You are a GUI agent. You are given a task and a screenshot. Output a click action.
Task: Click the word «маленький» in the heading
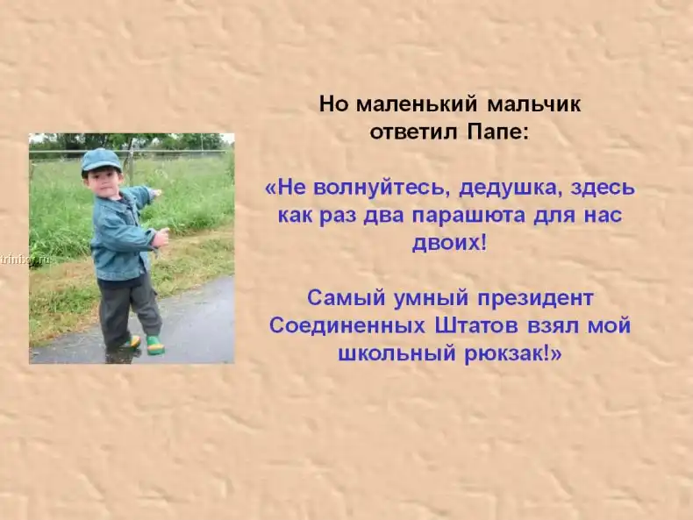point(417,104)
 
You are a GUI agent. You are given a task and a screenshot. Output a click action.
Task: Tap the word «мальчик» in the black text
point(534,104)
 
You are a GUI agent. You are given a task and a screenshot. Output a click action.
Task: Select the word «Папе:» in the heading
point(497,132)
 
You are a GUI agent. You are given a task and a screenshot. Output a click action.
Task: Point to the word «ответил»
point(413,132)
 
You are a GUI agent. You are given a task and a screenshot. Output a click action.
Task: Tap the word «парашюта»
point(469,216)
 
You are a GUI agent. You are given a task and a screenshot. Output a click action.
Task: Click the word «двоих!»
point(449,243)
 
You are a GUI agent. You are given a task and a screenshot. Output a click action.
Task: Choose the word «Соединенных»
point(347,326)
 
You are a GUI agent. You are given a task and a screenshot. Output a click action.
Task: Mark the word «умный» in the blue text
point(431,299)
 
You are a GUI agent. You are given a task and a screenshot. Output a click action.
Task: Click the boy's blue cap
point(101,160)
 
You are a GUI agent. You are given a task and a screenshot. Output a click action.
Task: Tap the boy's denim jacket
point(123,233)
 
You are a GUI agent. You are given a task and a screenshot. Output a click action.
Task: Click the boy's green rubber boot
point(155,345)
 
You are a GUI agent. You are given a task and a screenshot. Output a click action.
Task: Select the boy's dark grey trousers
point(128,310)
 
